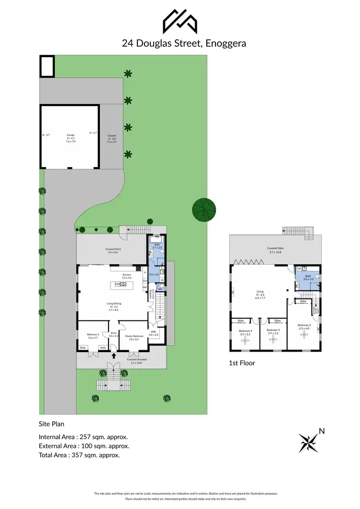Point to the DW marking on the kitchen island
pos(117,284)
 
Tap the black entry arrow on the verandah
pos(113,356)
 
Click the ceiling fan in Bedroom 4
pos(245,340)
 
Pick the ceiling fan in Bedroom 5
pos(273,340)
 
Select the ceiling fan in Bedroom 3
pos(303,336)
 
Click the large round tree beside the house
pos(204,210)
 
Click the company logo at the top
pos(180,21)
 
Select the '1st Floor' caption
pos(242,363)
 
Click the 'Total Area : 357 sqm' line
pos(79,455)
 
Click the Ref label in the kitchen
pos(144,287)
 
